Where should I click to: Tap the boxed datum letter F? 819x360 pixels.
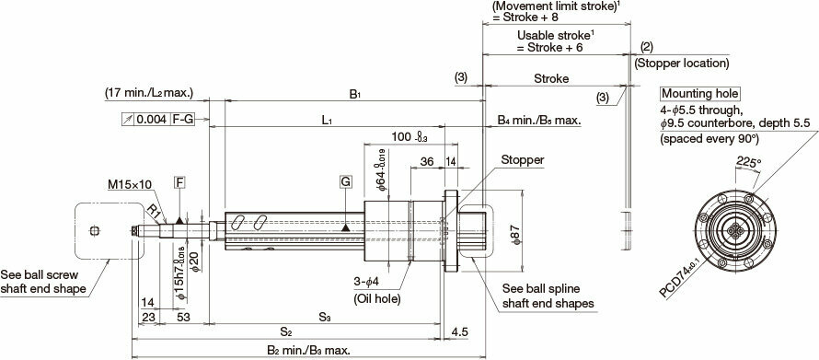click(179, 184)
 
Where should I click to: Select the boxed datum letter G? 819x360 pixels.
click(345, 182)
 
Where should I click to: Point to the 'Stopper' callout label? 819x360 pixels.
click(522, 160)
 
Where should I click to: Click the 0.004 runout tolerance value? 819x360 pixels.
click(151, 121)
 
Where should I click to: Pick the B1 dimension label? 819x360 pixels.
click(354, 94)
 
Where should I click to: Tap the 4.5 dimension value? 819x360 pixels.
click(460, 331)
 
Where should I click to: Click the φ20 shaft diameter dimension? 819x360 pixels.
click(194, 264)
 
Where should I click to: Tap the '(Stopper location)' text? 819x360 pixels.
click(682, 64)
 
